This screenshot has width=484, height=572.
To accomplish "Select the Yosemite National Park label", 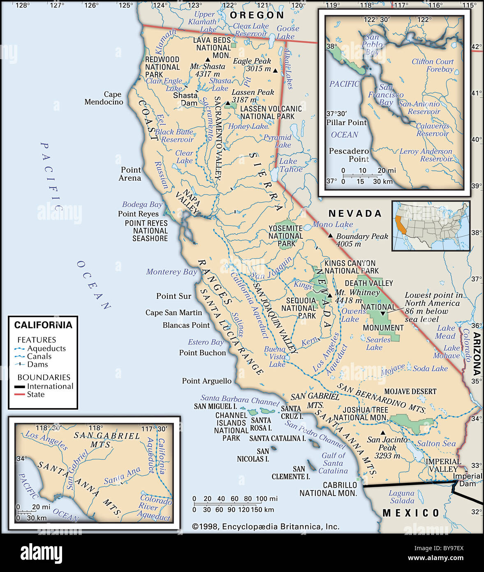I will (285, 236).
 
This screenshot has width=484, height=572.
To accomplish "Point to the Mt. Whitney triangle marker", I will (330, 295).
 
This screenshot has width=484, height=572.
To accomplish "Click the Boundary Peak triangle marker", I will (330, 235).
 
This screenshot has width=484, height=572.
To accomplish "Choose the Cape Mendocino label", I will (104, 98).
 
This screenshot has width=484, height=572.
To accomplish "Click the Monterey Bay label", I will (171, 272).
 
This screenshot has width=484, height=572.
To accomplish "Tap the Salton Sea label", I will (436, 443).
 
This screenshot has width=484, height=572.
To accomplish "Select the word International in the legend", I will (50, 386).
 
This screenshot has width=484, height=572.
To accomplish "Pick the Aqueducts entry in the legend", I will (46, 349).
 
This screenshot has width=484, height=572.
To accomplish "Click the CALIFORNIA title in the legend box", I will (43, 325).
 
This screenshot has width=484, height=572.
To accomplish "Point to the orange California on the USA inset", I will (399, 225).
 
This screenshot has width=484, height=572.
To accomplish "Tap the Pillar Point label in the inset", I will (346, 123).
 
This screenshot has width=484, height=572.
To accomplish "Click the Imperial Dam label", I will (468, 480).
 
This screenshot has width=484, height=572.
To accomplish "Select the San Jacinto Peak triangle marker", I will (383, 432).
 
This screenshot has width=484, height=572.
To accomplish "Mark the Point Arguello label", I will (207, 381).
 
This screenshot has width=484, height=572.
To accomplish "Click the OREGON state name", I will (257, 15).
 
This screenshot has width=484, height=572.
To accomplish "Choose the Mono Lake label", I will (333, 224).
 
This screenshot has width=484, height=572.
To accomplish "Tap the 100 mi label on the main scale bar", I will (266, 499).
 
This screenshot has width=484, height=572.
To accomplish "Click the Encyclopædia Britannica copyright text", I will (266, 526).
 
